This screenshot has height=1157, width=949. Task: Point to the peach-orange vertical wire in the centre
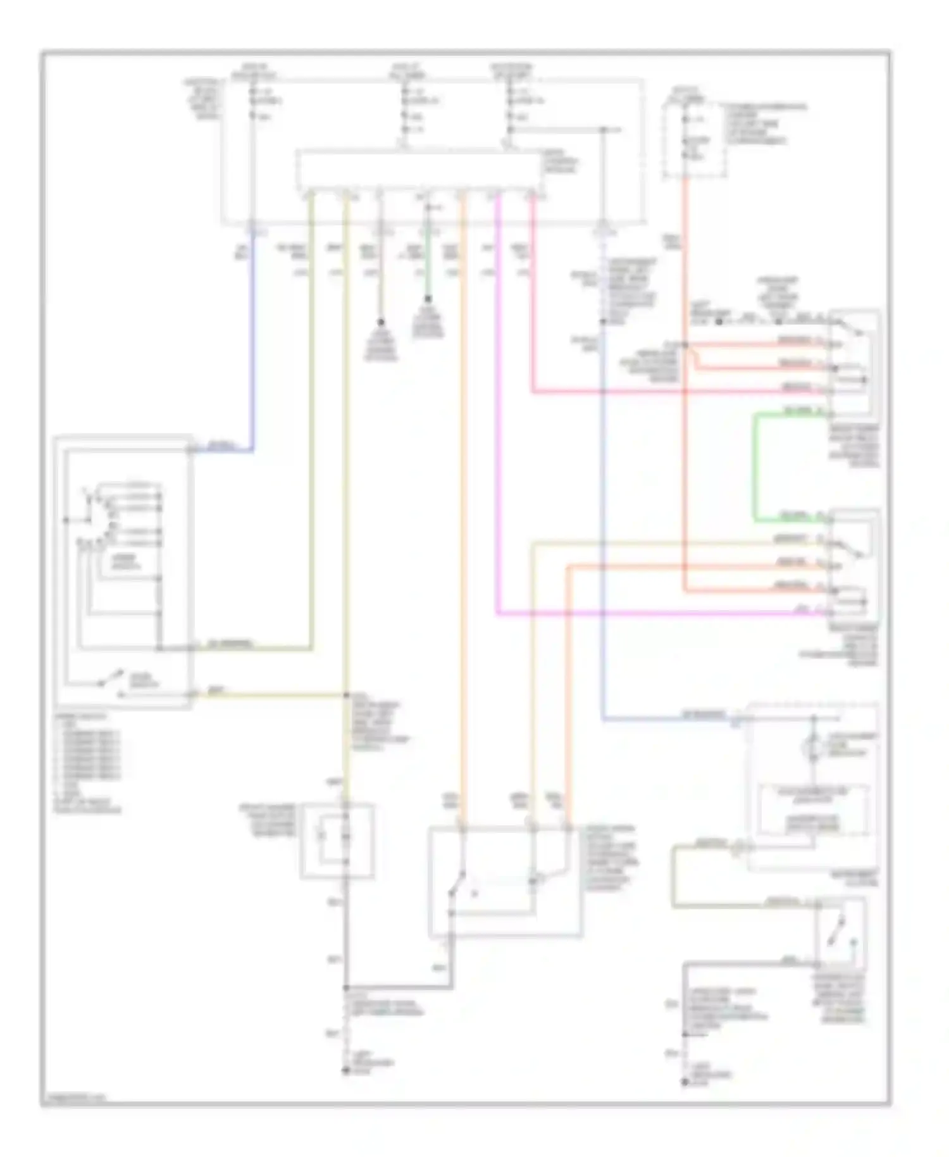point(462,506)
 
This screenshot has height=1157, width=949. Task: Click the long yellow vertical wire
point(346,443)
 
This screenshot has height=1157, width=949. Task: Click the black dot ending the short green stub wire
point(428,299)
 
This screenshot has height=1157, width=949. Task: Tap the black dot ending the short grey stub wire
point(381,322)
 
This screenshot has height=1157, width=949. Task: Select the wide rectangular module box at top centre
point(420,170)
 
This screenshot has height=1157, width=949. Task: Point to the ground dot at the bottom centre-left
point(346,1071)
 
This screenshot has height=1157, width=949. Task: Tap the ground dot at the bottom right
point(685,1083)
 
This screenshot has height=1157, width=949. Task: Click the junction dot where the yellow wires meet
point(346,696)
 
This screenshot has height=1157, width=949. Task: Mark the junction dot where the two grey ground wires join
point(346,987)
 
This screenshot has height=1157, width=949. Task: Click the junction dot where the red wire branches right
point(685,346)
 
